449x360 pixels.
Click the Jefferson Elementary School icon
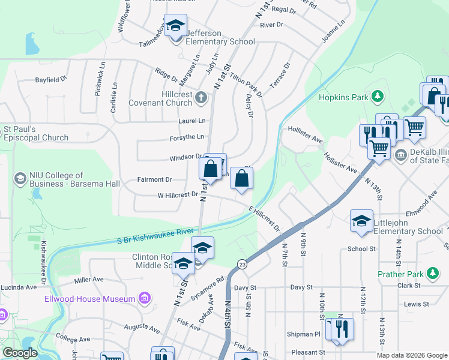(x=175, y=26)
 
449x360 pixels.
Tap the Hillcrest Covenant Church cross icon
(x=201, y=97)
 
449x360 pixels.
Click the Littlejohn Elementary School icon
(x=361, y=221)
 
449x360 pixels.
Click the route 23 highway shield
(x=242, y=263)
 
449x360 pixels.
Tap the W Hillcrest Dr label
(x=177, y=195)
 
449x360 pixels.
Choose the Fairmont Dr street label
(x=155, y=179)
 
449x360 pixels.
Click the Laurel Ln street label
(x=191, y=121)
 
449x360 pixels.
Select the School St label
(x=361, y=248)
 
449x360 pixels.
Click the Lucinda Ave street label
(x=18, y=287)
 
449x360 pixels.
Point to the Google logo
(x=20, y=353)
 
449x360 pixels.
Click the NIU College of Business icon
(x=20, y=178)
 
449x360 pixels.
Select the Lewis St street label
(x=416, y=304)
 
